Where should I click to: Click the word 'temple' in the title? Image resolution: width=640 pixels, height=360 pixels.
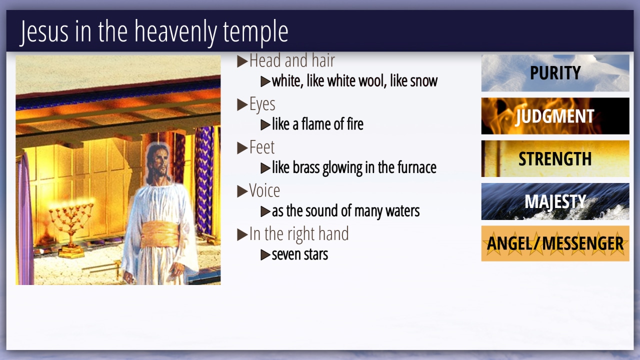(255, 32)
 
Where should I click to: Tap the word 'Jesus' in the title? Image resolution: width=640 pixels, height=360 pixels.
(44, 32)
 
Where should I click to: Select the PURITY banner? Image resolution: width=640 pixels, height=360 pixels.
(555, 73)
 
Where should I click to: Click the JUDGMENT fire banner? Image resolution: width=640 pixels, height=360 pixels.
(555, 116)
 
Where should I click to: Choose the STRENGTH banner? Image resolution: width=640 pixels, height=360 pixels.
(555, 158)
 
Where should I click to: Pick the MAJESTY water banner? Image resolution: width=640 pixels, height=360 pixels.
(555, 201)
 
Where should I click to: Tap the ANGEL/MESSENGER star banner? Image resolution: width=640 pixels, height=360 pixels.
(555, 243)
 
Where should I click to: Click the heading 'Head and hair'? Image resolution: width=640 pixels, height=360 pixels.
(292, 60)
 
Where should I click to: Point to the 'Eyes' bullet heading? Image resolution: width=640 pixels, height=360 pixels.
(262, 104)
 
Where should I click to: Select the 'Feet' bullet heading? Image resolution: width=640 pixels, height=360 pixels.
(261, 147)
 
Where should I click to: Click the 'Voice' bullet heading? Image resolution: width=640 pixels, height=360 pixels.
(264, 190)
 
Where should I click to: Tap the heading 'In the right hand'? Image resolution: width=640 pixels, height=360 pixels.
(299, 234)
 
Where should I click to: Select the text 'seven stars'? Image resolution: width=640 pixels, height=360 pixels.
(299, 254)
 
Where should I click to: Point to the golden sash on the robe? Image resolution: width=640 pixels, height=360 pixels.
(159, 235)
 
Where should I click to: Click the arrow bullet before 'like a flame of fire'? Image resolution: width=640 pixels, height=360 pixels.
(265, 125)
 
